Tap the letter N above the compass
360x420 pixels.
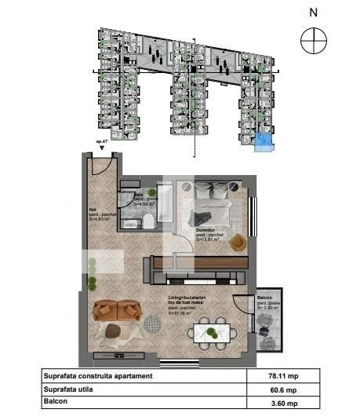click(314, 12)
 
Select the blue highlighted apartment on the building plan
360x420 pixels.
click(264, 140)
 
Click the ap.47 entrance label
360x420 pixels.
click(100, 142)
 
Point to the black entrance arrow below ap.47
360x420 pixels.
click(100, 148)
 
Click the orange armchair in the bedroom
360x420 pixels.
click(237, 243)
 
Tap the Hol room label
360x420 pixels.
click(93, 210)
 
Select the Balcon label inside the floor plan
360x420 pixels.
click(264, 298)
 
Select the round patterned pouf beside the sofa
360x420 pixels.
click(113, 331)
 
